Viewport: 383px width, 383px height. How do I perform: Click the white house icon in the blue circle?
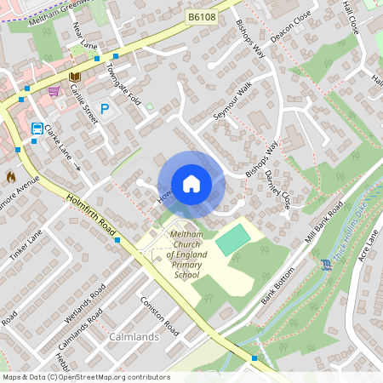coord(191,183)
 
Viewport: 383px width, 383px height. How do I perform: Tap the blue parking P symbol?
coord(106,109)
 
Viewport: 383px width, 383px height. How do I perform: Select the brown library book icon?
coord(74,77)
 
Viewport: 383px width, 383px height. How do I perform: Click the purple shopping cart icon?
coord(54,90)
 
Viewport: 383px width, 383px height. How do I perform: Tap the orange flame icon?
coord(10,176)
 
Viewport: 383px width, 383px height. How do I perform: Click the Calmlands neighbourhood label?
coord(134,337)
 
